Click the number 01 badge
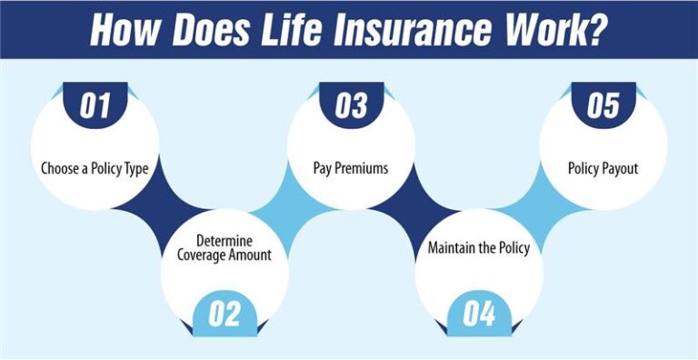[x=95, y=105]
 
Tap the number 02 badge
[x=224, y=314]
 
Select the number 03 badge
[x=351, y=105]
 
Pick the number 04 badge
[x=479, y=314]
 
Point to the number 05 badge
[x=603, y=105]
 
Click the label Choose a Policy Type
[x=95, y=169]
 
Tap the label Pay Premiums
[x=351, y=168]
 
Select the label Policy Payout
[x=603, y=168]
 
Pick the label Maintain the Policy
[x=479, y=247]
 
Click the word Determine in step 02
[x=224, y=242]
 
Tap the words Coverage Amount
[x=224, y=255]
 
